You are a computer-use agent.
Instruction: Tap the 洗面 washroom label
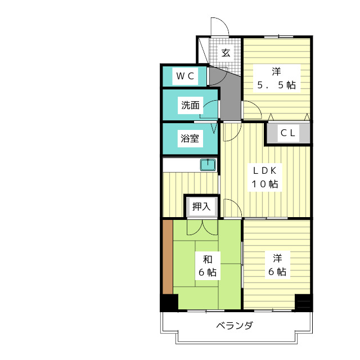click(190, 105)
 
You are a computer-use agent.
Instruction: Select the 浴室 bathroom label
click(190, 138)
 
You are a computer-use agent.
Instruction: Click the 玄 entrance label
click(226, 53)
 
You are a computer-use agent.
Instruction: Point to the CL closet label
click(288, 133)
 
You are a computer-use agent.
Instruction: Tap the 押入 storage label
click(201, 206)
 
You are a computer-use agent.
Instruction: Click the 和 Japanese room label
click(208, 259)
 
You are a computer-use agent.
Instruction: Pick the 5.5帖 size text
click(276, 85)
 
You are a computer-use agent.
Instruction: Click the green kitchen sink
click(208, 165)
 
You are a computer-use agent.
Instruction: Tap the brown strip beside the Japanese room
click(167, 256)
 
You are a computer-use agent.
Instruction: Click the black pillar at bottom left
click(169, 303)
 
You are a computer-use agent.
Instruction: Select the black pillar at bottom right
click(303, 303)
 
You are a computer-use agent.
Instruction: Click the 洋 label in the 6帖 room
click(277, 258)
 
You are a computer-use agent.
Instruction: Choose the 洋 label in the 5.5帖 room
click(276, 71)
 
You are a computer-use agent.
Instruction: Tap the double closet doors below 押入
click(201, 226)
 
